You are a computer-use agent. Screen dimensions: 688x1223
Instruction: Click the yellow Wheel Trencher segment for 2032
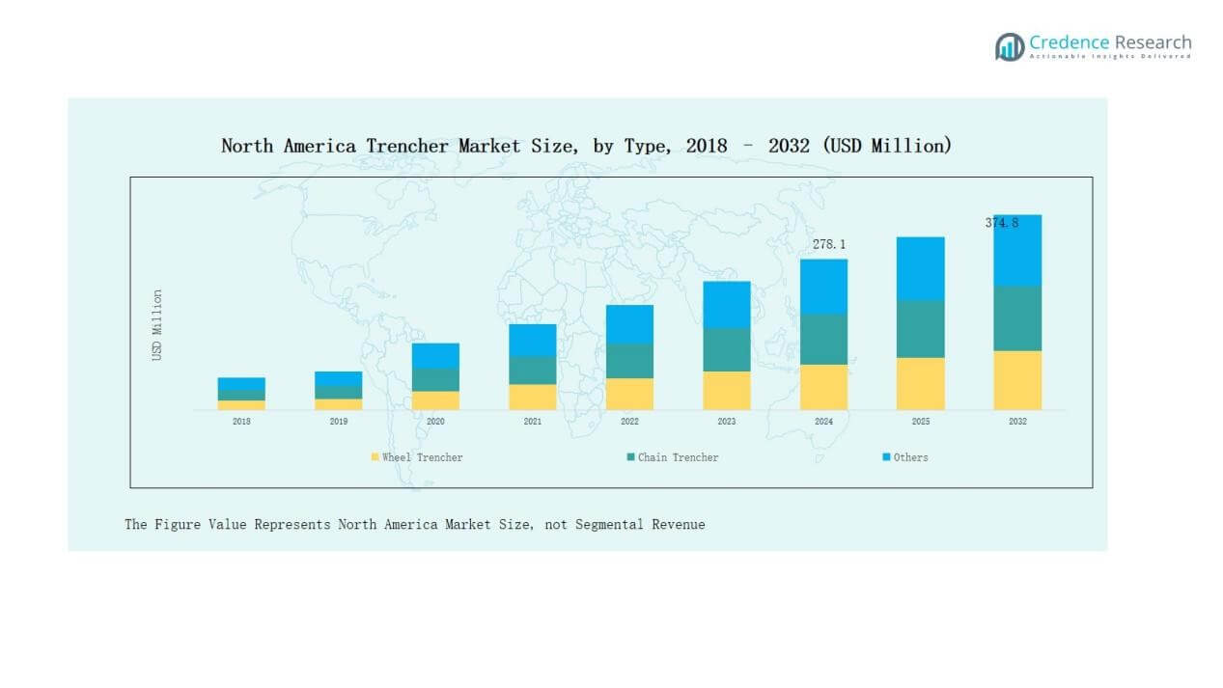1017,380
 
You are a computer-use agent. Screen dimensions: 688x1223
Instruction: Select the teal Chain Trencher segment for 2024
823,339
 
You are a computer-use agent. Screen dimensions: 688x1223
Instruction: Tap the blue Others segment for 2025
920,268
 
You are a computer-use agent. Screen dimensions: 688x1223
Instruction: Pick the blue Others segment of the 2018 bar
241,384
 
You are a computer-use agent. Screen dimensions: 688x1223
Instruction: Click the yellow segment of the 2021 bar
533,397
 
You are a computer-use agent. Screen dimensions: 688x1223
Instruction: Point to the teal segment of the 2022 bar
629,361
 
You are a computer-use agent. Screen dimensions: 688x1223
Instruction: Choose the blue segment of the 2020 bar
435,355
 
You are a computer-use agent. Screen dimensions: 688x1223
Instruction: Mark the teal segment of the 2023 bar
727,349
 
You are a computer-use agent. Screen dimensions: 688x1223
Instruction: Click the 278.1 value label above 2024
828,245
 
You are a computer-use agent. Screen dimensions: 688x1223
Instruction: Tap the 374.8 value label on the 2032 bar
1001,223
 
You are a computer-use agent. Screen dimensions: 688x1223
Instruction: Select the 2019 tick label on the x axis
338,422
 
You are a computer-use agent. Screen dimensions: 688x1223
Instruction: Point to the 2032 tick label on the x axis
1017,422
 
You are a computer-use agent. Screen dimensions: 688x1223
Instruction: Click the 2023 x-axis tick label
727,422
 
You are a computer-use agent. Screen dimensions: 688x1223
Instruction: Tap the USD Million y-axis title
157,325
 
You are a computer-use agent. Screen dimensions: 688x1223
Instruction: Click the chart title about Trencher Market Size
586,146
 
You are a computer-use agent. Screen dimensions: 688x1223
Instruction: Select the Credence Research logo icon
1010,46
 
